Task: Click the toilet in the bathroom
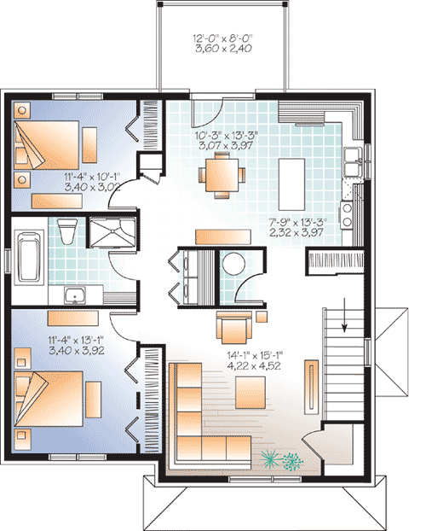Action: tap(69, 230)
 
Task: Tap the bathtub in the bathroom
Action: tap(27, 255)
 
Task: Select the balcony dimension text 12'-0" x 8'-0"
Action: tap(222, 44)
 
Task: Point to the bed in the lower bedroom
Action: tap(56, 404)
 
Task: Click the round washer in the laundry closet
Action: tap(233, 265)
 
